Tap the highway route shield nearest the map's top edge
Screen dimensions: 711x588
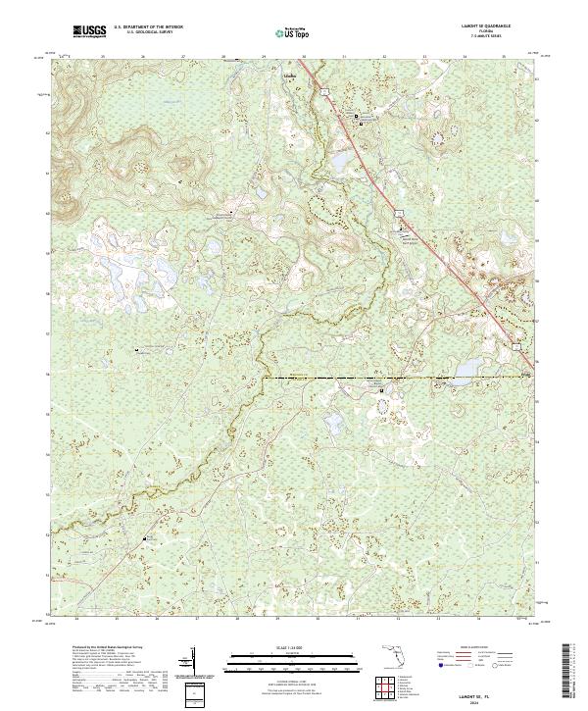pyautogui.click(x=321, y=91)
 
